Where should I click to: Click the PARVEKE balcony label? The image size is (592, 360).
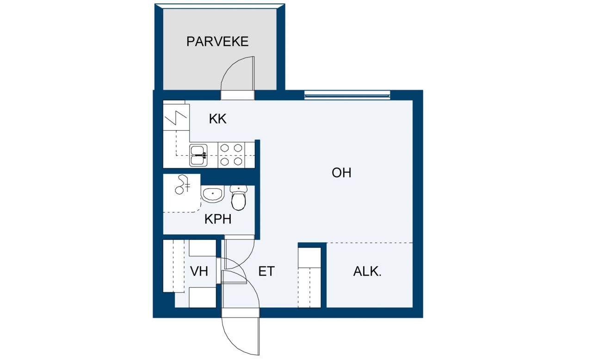pos(217,42)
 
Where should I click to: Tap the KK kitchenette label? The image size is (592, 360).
pos(217,119)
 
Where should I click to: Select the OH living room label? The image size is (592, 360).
pos(341,173)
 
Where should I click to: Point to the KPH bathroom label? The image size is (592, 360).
pos(218,219)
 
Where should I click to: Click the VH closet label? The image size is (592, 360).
pos(199,272)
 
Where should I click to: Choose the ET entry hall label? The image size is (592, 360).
pos(266,272)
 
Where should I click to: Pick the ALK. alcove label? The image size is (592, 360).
pos(367,272)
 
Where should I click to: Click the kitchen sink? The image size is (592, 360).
pos(198,155)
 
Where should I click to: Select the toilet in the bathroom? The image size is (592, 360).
pos(238,198)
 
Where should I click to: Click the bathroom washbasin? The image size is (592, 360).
pos(213,195)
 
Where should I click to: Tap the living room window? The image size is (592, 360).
pos(347,96)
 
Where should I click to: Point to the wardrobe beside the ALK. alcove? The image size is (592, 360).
pos(309,277)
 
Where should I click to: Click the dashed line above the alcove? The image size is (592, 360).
pos(370,243)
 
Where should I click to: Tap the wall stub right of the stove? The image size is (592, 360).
pos(258,154)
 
